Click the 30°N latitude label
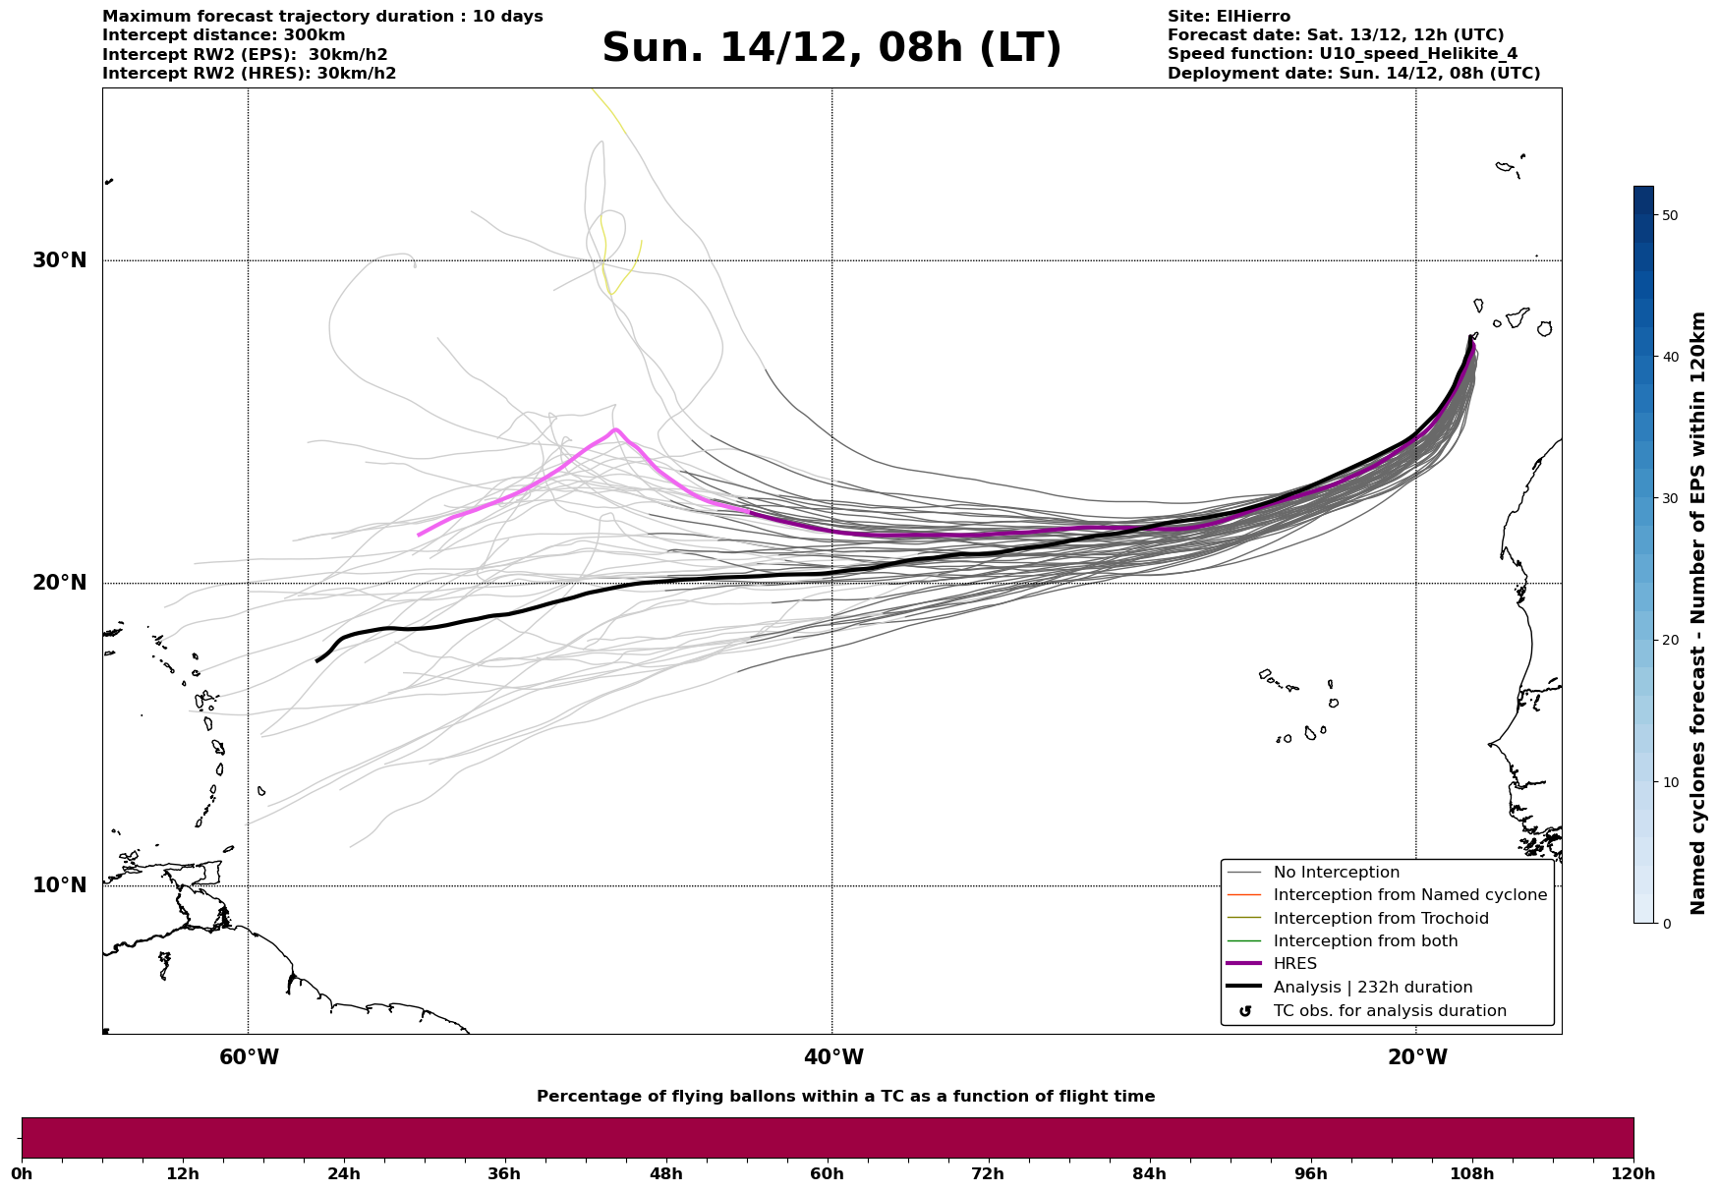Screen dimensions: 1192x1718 tap(59, 260)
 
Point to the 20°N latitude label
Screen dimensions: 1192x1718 tap(59, 583)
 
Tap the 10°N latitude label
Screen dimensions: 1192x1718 tap(59, 885)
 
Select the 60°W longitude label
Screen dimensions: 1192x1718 tap(249, 1057)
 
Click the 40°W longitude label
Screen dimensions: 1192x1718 tap(832, 1057)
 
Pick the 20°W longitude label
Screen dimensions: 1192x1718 tap(1416, 1057)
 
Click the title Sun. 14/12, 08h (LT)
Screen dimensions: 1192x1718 tap(831, 48)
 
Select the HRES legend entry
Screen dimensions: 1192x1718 tap(1294, 964)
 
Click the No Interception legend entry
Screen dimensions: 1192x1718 tap(1336, 873)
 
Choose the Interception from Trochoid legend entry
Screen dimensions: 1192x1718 tap(1380, 919)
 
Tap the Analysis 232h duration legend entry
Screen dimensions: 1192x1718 tap(1372, 988)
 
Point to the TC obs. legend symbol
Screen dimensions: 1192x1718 tap(1245, 1011)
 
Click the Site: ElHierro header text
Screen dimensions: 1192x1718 tap(1229, 17)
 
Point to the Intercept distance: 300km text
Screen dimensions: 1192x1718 tap(223, 35)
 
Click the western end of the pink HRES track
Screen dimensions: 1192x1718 tap(420, 535)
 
